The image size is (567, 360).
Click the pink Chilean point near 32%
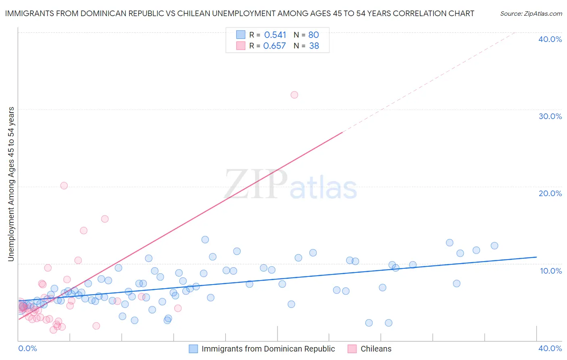pyautogui.click(x=294, y=95)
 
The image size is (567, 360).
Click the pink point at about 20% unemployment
pyautogui.click(x=64, y=186)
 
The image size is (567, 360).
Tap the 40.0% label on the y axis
pyautogui.click(x=550, y=39)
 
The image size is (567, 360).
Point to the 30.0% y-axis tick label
pyautogui.click(x=550, y=116)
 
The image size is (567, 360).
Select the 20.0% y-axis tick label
pyautogui.click(x=550, y=193)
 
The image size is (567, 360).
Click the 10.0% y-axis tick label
pyautogui.click(x=551, y=271)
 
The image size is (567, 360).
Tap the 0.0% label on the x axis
pyautogui.click(x=28, y=348)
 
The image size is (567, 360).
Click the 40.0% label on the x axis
pyautogui.click(x=550, y=348)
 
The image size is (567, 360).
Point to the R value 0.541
pyautogui.click(x=275, y=35)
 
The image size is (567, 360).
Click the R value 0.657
pyautogui.click(x=274, y=46)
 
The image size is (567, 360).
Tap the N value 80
pyautogui.click(x=314, y=35)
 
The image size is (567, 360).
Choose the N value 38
pyautogui.click(x=314, y=46)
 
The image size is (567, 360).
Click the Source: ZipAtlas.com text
pyautogui.click(x=531, y=14)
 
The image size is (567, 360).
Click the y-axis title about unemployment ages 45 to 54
pyautogui.click(x=11, y=184)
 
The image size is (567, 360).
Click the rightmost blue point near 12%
pyautogui.click(x=494, y=246)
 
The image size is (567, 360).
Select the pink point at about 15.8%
pyautogui.click(x=105, y=219)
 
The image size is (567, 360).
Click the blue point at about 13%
pyautogui.click(x=205, y=240)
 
